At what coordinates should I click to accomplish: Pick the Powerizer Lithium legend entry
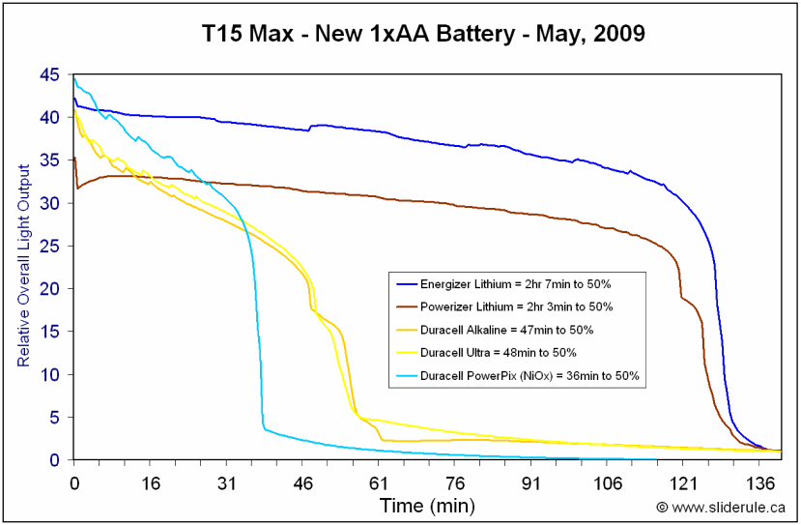(x=516, y=306)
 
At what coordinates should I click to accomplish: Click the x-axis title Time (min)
(x=427, y=505)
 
